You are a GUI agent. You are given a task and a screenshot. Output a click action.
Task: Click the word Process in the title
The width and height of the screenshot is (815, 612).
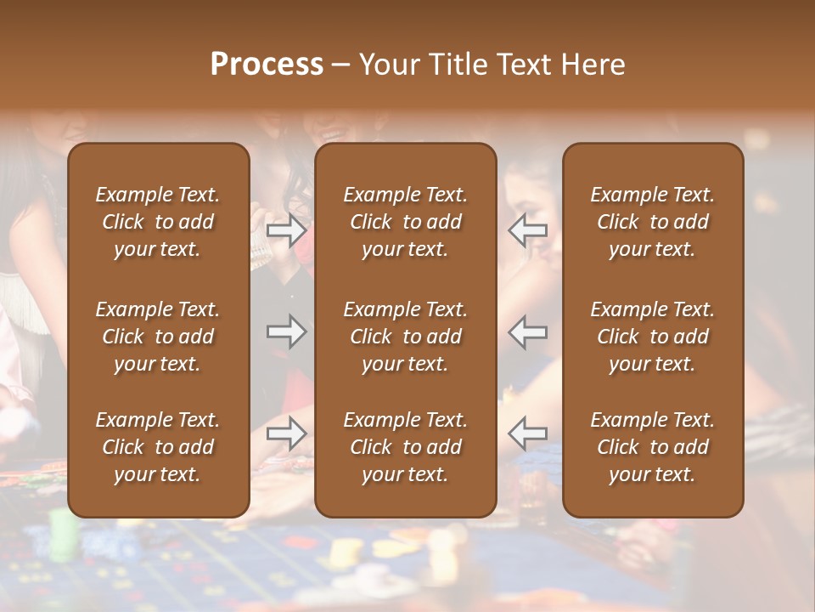267,64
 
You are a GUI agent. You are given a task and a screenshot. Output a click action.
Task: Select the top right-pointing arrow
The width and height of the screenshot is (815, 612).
287,229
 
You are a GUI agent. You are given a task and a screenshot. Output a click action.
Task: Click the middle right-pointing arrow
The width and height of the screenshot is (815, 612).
287,331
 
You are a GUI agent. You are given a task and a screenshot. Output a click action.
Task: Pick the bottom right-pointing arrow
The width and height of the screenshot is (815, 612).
287,433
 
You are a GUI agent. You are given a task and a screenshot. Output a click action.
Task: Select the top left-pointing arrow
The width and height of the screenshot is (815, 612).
527,229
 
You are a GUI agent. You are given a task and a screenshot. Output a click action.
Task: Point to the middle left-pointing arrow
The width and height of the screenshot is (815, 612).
527,331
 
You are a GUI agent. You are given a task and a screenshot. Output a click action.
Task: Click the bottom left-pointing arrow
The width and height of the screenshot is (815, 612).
527,433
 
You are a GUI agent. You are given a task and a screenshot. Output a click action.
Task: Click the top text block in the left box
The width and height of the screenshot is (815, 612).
158,222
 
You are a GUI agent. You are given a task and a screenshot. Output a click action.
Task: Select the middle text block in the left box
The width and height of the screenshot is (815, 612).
158,337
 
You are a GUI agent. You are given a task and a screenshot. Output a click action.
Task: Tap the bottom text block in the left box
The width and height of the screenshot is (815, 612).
158,447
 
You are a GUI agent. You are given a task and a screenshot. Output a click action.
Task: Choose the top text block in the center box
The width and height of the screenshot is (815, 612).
405,222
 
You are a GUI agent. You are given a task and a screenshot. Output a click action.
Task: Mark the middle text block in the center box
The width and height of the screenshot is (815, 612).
405,337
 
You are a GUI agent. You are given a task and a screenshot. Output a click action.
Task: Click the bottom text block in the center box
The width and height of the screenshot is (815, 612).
405,447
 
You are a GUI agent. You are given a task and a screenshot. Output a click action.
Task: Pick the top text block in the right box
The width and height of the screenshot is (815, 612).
652,222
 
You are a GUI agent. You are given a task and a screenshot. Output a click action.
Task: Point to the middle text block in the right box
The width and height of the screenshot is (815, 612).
652,337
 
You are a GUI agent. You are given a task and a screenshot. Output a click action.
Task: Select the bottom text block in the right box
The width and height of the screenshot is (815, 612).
652,447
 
